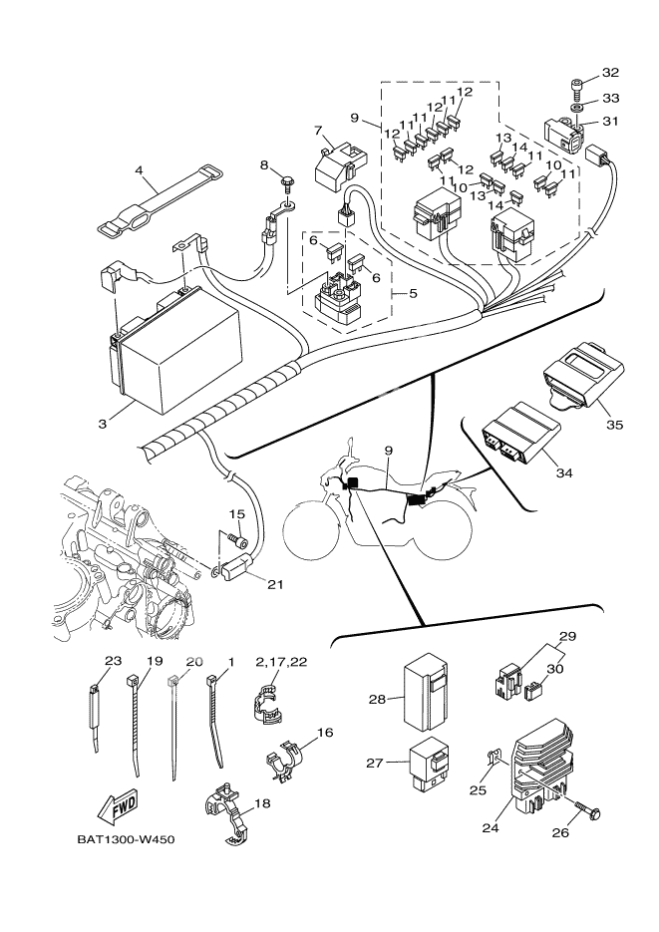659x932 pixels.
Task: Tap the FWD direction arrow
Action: [115, 805]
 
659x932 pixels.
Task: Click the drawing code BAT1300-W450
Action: [126, 839]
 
